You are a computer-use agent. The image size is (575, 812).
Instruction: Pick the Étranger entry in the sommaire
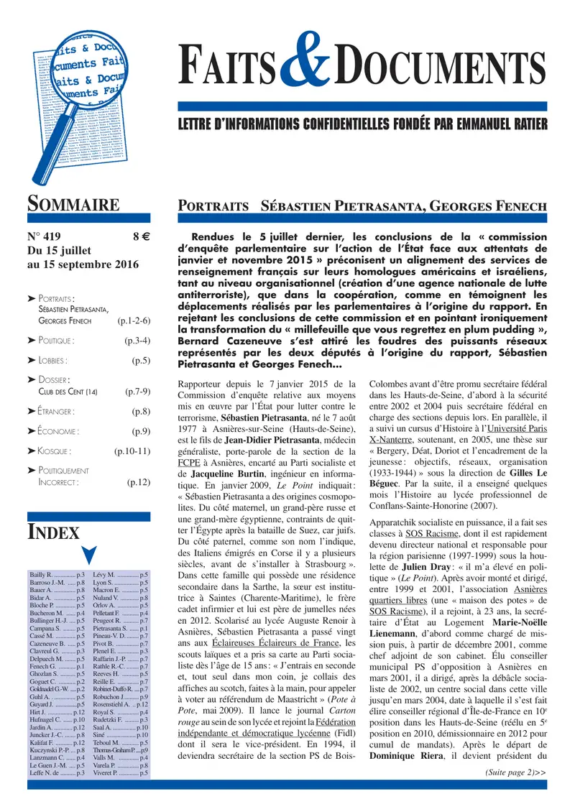[57, 411]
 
